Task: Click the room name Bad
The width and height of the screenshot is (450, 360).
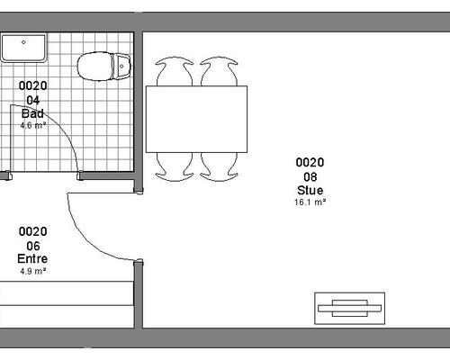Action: (x=32, y=113)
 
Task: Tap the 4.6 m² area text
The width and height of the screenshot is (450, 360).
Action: (x=33, y=125)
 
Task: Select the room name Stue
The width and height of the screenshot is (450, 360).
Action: (x=310, y=190)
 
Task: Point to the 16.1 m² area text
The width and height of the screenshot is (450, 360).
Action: (x=310, y=202)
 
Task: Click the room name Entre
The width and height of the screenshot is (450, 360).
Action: (x=32, y=258)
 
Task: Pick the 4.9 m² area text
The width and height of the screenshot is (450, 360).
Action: (x=33, y=271)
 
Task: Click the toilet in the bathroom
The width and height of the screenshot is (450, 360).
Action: (x=104, y=67)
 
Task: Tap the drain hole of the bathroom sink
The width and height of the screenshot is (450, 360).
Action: (x=23, y=42)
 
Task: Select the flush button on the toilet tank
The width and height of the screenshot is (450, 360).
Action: (x=121, y=66)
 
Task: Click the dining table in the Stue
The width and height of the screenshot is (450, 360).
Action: (x=196, y=119)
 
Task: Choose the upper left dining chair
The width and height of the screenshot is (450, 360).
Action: (x=174, y=72)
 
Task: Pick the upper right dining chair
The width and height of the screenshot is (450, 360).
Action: (x=219, y=72)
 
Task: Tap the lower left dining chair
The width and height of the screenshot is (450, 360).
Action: (x=174, y=166)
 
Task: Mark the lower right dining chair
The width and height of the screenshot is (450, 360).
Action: (x=219, y=166)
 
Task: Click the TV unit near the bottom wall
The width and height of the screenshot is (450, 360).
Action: (x=349, y=308)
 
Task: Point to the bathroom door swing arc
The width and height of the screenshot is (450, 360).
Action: (x=60, y=125)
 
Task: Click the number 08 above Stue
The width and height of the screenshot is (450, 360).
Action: (x=310, y=177)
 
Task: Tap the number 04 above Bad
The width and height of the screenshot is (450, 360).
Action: (x=33, y=100)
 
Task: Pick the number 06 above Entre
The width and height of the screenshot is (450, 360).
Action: (x=33, y=246)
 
